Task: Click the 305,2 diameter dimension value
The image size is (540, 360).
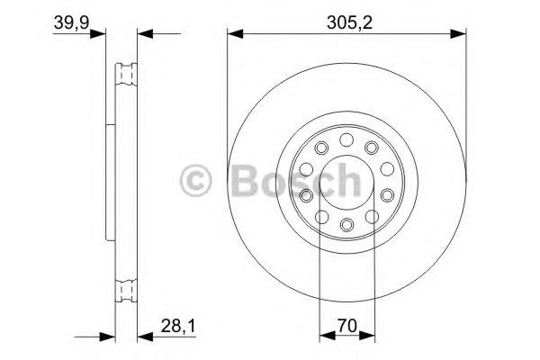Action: [346, 19]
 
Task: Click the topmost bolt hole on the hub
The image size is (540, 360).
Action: [346, 139]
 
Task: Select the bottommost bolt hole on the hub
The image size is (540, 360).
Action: [346, 224]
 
